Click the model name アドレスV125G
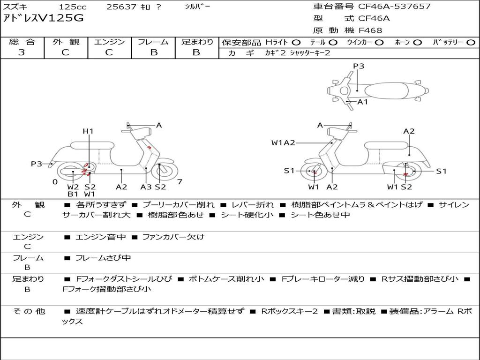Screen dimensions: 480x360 (x=43, y=18)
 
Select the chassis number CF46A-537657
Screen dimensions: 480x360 (x=394, y=7)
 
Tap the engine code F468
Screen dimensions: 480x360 (x=370, y=30)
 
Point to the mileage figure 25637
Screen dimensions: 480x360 (x=121, y=7)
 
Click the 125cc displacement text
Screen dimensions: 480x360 (x=73, y=7)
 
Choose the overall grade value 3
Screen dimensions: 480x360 (x=22, y=52)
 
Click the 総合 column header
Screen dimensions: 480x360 (x=22, y=42)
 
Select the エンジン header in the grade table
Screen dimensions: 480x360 (x=109, y=42)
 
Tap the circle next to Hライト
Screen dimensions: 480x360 (x=296, y=43)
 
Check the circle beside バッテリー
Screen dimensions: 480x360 (x=471, y=43)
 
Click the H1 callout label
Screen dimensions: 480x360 (x=88, y=131)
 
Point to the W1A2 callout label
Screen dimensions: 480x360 (x=283, y=142)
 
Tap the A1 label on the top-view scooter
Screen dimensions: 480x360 (x=363, y=102)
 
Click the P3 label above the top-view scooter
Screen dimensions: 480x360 (x=359, y=66)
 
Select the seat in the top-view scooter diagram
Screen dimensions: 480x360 (x=386, y=91)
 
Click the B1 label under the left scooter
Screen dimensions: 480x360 (x=73, y=194)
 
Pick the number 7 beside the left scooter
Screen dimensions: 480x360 (x=180, y=182)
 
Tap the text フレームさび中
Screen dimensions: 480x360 (x=103, y=258)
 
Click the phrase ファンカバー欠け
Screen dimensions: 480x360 (x=173, y=237)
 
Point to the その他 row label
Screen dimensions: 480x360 (x=29, y=311)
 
